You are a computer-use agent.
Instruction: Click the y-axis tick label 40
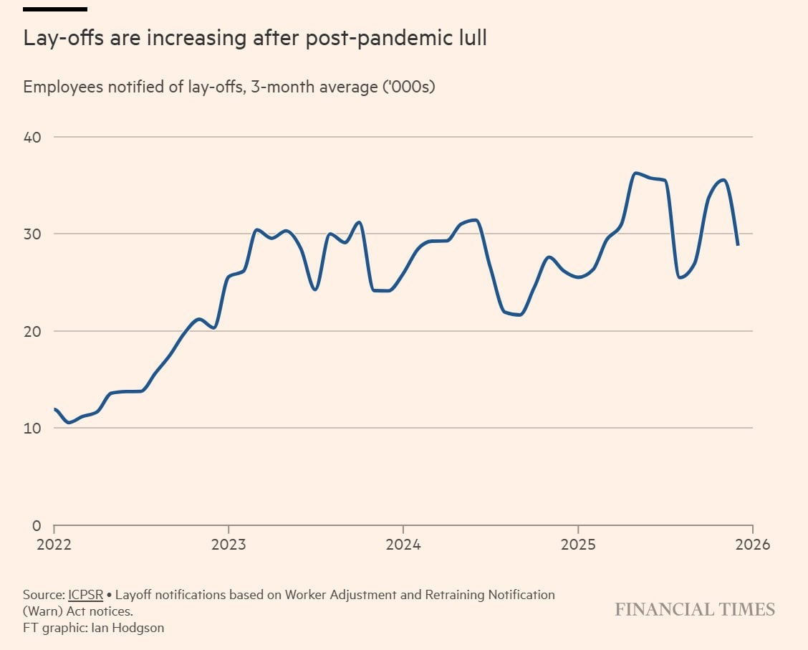(x=32, y=137)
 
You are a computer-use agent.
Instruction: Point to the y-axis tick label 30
(x=32, y=234)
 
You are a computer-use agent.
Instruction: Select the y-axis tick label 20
(x=32, y=331)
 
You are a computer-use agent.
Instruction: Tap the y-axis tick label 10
(x=32, y=429)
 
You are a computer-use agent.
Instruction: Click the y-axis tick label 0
(x=37, y=525)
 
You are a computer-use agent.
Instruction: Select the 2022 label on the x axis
(x=54, y=545)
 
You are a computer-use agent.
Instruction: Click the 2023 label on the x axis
(x=229, y=545)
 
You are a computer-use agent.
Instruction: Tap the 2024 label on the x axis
(x=403, y=545)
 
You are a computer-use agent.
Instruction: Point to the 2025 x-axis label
(x=578, y=545)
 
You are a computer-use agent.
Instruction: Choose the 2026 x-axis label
(x=752, y=545)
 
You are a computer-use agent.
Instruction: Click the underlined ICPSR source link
(x=85, y=595)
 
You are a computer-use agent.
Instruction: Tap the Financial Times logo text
(x=695, y=610)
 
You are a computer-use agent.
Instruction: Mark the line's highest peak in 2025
(x=635, y=173)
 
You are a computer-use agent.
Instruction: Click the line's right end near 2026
(x=737, y=245)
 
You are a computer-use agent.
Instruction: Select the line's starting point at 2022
(x=55, y=408)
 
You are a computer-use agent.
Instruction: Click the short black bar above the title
(x=55, y=9)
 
